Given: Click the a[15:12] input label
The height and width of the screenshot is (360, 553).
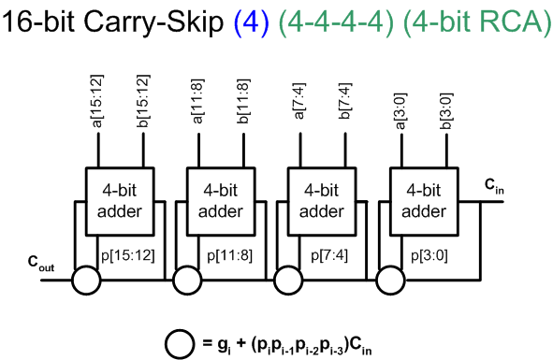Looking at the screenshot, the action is coord(97,101).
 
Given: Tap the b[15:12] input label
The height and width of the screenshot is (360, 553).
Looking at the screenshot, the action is coord(143,101).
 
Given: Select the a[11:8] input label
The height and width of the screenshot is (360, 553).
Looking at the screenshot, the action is coord(197,102).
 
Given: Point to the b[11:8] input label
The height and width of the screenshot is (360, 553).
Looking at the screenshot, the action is coord(243,102).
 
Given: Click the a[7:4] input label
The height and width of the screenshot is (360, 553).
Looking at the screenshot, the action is coord(299,101).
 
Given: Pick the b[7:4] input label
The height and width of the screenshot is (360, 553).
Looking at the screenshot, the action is coord(345,101).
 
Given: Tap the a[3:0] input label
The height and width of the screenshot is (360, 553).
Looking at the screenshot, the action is coord(401,111).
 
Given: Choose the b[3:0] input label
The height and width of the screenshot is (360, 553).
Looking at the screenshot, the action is coord(446,111).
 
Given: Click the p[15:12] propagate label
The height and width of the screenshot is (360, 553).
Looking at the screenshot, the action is coord(128,255).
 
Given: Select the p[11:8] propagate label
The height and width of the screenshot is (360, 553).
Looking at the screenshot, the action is coord(229,255).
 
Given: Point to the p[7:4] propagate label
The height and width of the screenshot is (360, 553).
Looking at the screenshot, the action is coord(329,255).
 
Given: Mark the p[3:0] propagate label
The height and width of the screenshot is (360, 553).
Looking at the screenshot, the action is coord(429,255).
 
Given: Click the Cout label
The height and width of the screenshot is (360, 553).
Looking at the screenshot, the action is coord(41,264).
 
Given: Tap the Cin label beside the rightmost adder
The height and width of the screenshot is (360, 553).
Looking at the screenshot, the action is coord(494,186).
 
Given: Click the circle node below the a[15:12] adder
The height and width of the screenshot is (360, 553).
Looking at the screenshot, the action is coord(86,281).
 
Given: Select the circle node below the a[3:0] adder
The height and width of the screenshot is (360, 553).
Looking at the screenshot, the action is coord(390,281).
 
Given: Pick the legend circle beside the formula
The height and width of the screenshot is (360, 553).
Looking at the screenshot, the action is coord(180,344).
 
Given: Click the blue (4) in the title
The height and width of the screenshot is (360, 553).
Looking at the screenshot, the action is coord(252,22).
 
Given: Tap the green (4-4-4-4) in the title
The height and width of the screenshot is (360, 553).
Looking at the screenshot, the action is coord(336,22).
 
